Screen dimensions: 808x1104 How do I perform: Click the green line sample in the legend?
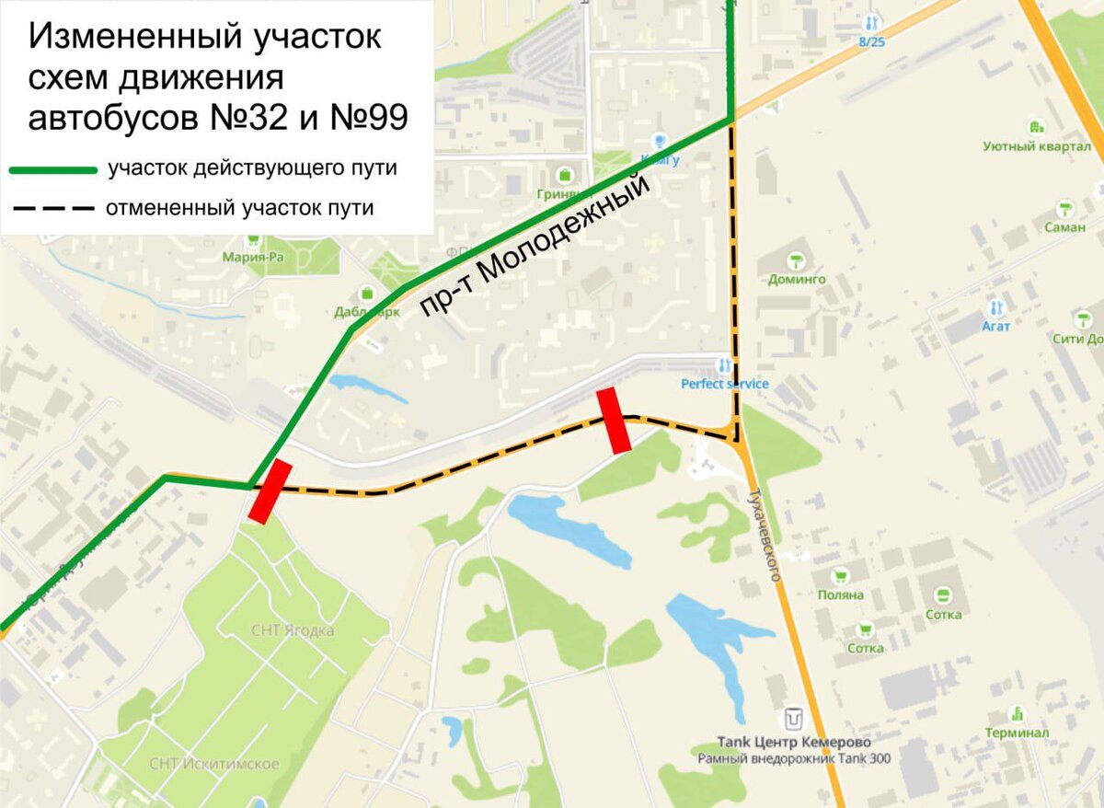click(x=53, y=170)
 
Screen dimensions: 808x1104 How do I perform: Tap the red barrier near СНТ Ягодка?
click(x=270, y=492)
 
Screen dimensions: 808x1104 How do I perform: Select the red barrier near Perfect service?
click(x=614, y=421)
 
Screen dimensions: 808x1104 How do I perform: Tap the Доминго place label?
click(x=797, y=279)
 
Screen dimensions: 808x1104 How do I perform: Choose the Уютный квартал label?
click(x=1037, y=146)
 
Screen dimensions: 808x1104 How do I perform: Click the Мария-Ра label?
click(x=253, y=258)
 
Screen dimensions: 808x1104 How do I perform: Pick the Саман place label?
click(x=1064, y=227)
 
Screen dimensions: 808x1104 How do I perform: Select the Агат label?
click(x=995, y=327)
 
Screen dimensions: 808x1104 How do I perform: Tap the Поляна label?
click(x=840, y=594)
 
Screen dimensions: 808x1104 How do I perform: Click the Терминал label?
click(x=1016, y=733)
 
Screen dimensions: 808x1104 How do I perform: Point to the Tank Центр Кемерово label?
click(x=793, y=742)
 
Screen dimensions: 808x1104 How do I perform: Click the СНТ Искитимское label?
click(x=213, y=764)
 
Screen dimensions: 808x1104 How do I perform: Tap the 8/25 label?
click(x=871, y=41)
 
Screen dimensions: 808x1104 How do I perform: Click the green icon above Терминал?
click(x=1017, y=713)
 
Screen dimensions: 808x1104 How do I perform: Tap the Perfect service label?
click(x=724, y=383)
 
